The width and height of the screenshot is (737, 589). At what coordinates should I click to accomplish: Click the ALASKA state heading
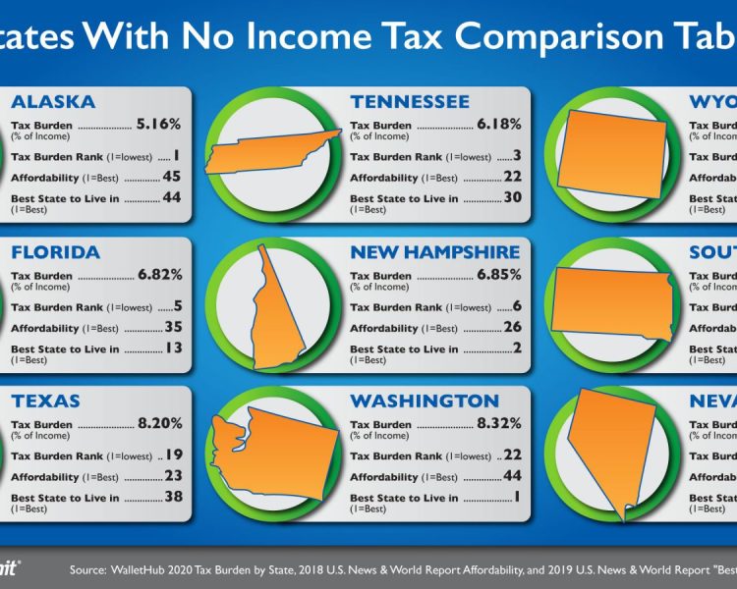pos(53,102)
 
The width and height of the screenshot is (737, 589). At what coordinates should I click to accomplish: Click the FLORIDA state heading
pos(55,252)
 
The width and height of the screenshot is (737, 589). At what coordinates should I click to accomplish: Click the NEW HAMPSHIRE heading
pos(435,252)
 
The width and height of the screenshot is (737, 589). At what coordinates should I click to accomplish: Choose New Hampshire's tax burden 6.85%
pos(498,276)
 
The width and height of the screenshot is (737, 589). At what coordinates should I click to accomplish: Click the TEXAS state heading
pos(45,402)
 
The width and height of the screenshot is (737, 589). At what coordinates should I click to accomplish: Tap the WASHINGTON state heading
pos(425,402)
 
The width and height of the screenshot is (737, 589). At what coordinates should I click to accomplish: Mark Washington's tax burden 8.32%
pos(498,425)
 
